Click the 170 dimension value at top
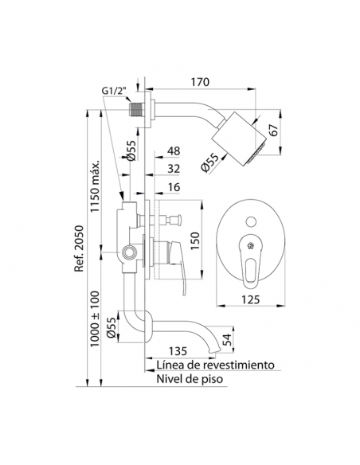click(x=200, y=81)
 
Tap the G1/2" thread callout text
click(x=114, y=91)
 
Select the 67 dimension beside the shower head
click(x=274, y=130)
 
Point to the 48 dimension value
click(x=174, y=150)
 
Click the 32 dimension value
click(x=174, y=169)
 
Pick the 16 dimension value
click(x=174, y=187)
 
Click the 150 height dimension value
click(x=195, y=240)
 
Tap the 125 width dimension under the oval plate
click(x=249, y=299)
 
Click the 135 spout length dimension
click(x=178, y=351)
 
